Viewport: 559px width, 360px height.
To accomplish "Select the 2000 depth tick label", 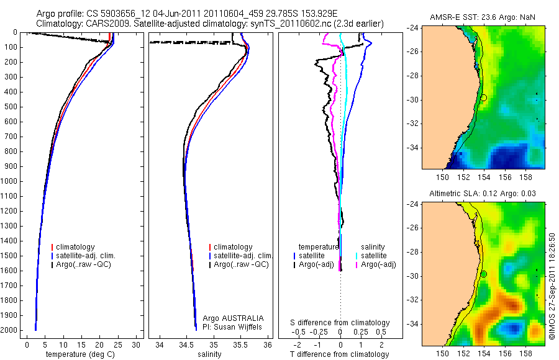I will [x=11, y=330].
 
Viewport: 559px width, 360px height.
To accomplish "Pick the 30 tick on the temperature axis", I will [x=137, y=344].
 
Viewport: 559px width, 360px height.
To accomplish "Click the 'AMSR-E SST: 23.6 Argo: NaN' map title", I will [x=482, y=17].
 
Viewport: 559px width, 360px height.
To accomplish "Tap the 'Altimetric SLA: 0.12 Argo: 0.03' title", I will [x=482, y=194].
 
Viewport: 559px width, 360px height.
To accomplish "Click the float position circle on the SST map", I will [x=484, y=97].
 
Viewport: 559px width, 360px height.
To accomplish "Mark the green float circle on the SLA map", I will [x=484, y=274].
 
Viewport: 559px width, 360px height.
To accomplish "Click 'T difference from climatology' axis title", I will [x=340, y=354].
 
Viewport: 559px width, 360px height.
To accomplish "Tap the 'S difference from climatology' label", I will [x=340, y=323].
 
